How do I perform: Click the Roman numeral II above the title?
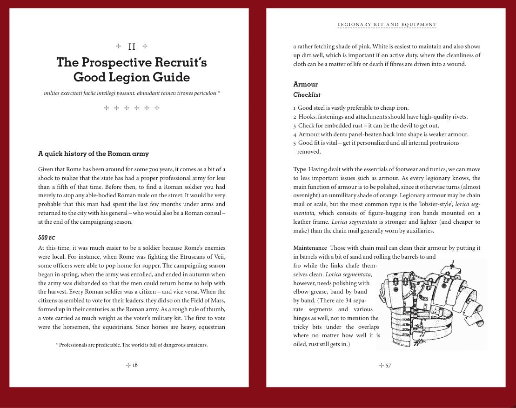tap(132, 47)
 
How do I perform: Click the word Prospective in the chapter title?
tap(121, 62)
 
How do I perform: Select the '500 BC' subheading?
tap(47, 238)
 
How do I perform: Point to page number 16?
tap(135, 365)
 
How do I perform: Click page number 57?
tap(388, 365)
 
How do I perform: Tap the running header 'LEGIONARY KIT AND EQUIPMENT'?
tap(387, 25)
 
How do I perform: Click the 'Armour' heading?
tap(305, 84)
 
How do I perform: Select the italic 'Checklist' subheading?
tap(307, 95)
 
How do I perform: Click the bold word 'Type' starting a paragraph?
tap(300, 169)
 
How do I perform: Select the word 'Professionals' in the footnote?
tap(76, 345)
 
